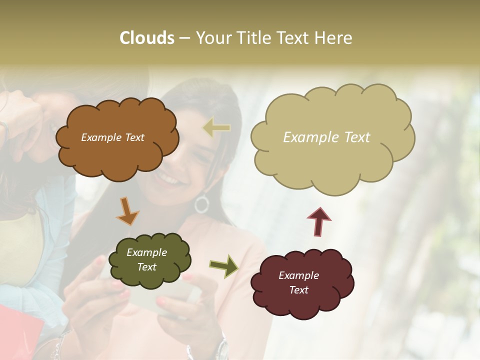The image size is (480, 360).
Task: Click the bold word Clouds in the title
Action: point(147,38)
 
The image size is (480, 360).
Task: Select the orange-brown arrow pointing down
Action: point(127,210)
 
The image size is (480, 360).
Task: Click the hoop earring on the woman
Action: point(201,204)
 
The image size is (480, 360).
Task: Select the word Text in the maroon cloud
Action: point(298,290)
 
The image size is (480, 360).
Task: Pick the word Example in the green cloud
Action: point(146,252)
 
